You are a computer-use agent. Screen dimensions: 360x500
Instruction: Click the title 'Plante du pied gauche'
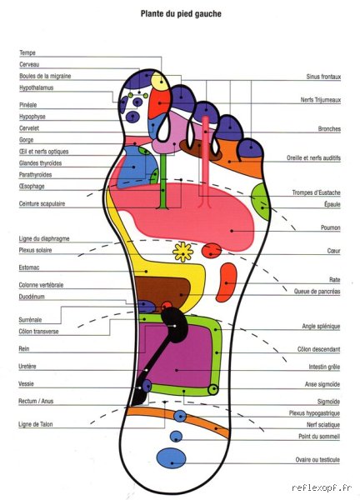(x=181, y=13)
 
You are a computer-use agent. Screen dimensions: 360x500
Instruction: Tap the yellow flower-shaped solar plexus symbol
(x=183, y=252)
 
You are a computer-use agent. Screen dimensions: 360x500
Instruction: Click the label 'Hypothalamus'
(x=37, y=87)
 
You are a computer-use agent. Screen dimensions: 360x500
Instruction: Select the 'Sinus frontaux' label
(x=323, y=77)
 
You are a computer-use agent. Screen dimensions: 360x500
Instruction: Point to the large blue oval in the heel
(x=171, y=457)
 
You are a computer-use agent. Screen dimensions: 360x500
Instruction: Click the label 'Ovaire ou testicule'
(x=317, y=459)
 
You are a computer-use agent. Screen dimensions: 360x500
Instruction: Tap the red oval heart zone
(x=212, y=250)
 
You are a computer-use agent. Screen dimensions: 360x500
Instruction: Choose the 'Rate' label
(x=334, y=280)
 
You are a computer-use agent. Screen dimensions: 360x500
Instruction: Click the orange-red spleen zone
(x=227, y=282)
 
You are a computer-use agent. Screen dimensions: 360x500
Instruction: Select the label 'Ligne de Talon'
(x=35, y=424)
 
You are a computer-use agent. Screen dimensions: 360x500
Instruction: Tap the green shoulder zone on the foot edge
(x=262, y=202)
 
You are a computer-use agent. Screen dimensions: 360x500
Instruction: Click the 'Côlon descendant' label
(x=318, y=349)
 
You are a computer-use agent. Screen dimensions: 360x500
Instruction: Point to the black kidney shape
(x=174, y=325)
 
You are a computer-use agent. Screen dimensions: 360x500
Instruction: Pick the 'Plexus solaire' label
(x=35, y=250)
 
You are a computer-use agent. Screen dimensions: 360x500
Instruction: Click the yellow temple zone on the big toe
(x=160, y=82)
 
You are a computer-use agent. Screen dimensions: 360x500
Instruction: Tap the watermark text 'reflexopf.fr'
(x=322, y=487)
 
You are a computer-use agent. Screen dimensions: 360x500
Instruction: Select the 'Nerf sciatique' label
(x=323, y=424)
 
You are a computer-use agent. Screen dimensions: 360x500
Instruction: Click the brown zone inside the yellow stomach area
(x=162, y=289)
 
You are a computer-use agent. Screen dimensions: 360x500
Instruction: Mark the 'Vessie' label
(x=26, y=383)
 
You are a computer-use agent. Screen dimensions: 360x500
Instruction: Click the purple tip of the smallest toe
(x=250, y=148)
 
